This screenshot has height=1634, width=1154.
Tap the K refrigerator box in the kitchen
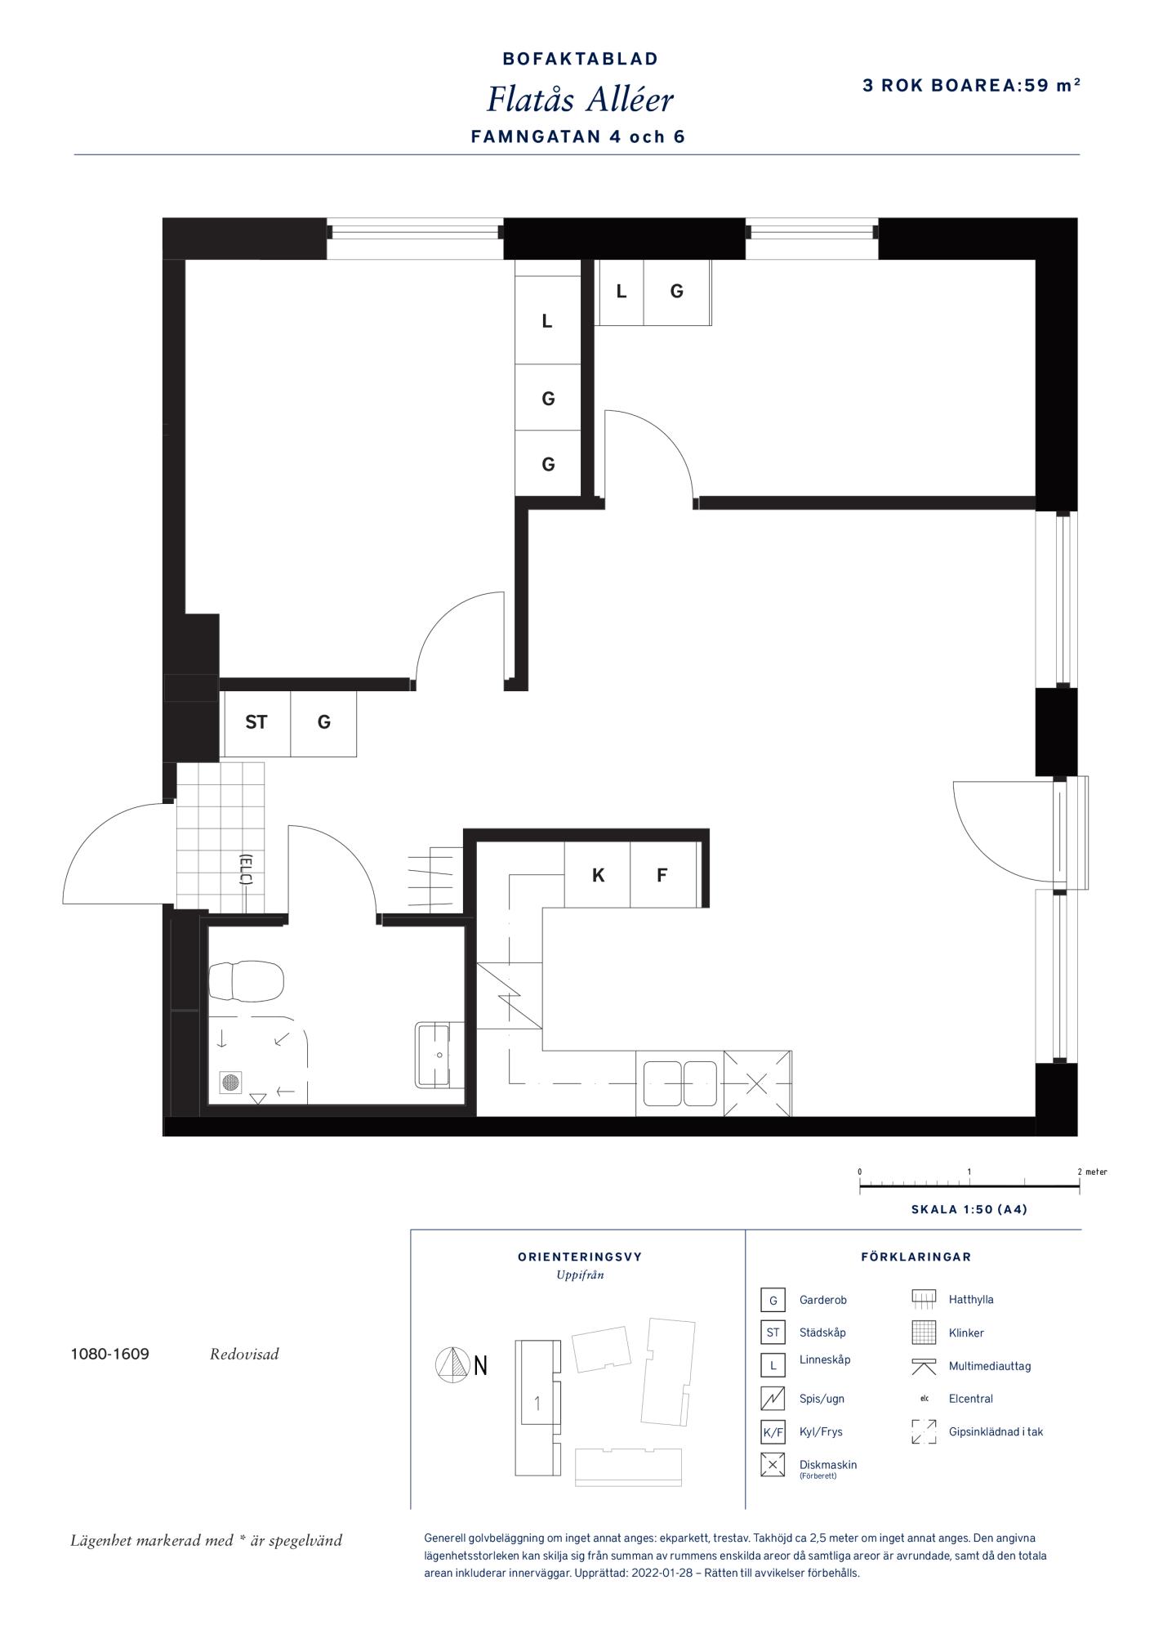(x=597, y=875)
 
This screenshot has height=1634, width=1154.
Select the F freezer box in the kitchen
(x=663, y=875)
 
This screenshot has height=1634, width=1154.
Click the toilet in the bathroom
(x=246, y=981)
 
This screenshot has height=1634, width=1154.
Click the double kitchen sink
(x=679, y=1083)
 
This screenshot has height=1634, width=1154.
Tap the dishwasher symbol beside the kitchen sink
(x=757, y=1084)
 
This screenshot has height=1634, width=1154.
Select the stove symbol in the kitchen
(x=509, y=996)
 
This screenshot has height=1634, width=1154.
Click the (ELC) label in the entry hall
(x=245, y=869)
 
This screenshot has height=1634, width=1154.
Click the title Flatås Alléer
(x=580, y=100)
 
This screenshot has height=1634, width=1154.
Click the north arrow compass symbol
(x=450, y=1364)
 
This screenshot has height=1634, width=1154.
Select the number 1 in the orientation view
(x=537, y=1404)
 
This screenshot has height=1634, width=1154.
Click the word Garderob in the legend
(x=822, y=1300)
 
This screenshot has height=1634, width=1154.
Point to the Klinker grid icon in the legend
(x=924, y=1333)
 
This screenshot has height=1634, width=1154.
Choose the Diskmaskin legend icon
(x=773, y=1465)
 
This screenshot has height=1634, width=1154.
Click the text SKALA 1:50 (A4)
(x=969, y=1209)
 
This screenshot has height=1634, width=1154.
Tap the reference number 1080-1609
(x=110, y=1354)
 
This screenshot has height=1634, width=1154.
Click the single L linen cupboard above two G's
(x=547, y=322)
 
